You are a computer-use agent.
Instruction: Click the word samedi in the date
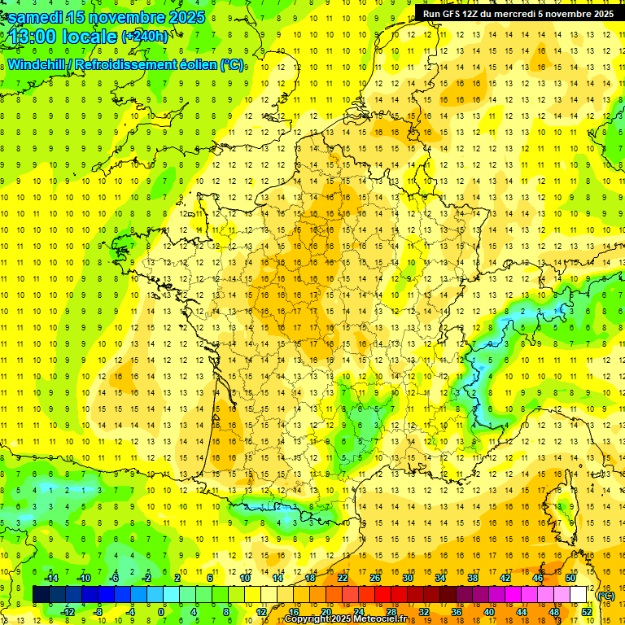37,17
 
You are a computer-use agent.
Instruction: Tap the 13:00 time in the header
36,37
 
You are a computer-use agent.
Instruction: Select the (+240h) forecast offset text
145,37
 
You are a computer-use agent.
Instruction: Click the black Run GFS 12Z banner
518,13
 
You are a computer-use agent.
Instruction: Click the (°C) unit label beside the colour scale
605,595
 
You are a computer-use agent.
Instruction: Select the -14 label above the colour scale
54,578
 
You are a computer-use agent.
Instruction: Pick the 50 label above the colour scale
570,578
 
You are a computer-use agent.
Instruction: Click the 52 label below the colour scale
587,612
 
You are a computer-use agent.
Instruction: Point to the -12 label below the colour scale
68,612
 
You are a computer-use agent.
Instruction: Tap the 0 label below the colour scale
161,612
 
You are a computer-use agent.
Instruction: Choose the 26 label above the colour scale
375,578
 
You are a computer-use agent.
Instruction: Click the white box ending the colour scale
579,595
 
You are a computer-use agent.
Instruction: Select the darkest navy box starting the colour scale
42,595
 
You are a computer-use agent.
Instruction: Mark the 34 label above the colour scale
440,578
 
